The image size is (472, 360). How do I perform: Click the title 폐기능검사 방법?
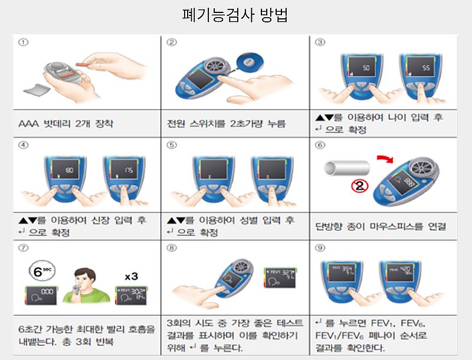(235, 15)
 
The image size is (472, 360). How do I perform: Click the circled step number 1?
(23, 42)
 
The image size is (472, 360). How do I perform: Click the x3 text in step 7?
(132, 276)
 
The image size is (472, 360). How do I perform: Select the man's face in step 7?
(84, 277)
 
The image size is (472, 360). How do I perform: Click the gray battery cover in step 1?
(36, 89)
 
